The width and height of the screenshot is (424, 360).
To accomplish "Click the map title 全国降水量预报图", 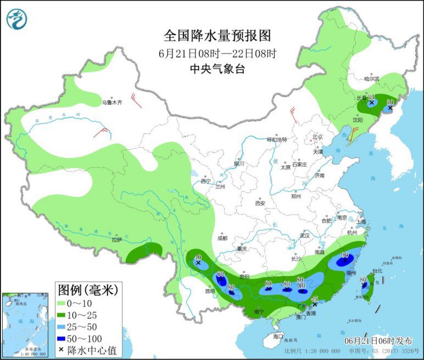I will (217, 36).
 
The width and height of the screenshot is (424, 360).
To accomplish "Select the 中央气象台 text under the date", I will (217, 69).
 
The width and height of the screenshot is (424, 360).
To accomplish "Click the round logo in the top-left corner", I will (16, 19).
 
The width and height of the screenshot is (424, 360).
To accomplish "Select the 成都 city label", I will (222, 238).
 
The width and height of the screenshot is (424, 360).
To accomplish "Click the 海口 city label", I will (278, 336).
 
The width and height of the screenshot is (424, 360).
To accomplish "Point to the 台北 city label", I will (377, 271).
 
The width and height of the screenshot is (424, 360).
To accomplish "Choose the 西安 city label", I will (260, 203).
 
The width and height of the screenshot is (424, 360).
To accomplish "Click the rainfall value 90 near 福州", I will (345, 255).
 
